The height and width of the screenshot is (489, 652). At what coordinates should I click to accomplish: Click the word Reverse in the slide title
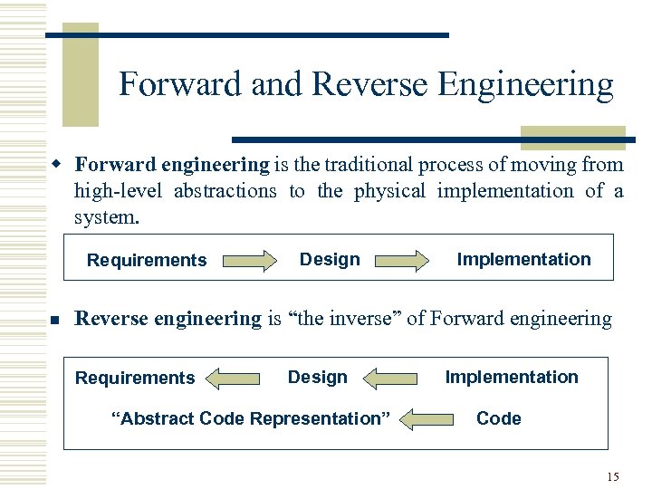click(x=370, y=85)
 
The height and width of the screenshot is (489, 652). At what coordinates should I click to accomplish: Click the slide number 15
click(x=613, y=476)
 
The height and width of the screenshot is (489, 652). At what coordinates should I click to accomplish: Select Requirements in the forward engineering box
click(x=147, y=261)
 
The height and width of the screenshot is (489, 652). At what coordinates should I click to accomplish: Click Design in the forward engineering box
click(x=330, y=260)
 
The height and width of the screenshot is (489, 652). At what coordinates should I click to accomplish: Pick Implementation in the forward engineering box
click(x=523, y=260)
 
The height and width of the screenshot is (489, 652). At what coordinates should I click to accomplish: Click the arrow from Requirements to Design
click(x=250, y=262)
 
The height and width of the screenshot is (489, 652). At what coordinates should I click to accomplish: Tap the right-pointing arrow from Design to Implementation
click(x=404, y=262)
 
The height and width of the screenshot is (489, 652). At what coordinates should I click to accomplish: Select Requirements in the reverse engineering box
click(x=135, y=379)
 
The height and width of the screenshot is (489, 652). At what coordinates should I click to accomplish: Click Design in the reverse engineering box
click(x=317, y=378)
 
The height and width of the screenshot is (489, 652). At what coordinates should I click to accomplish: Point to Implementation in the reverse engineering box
click(x=512, y=378)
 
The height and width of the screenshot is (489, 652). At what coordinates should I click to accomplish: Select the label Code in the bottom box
click(x=499, y=419)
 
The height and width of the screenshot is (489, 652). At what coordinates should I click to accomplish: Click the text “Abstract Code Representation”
click(x=250, y=419)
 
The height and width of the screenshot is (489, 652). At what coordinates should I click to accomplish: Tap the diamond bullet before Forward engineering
click(x=55, y=165)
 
